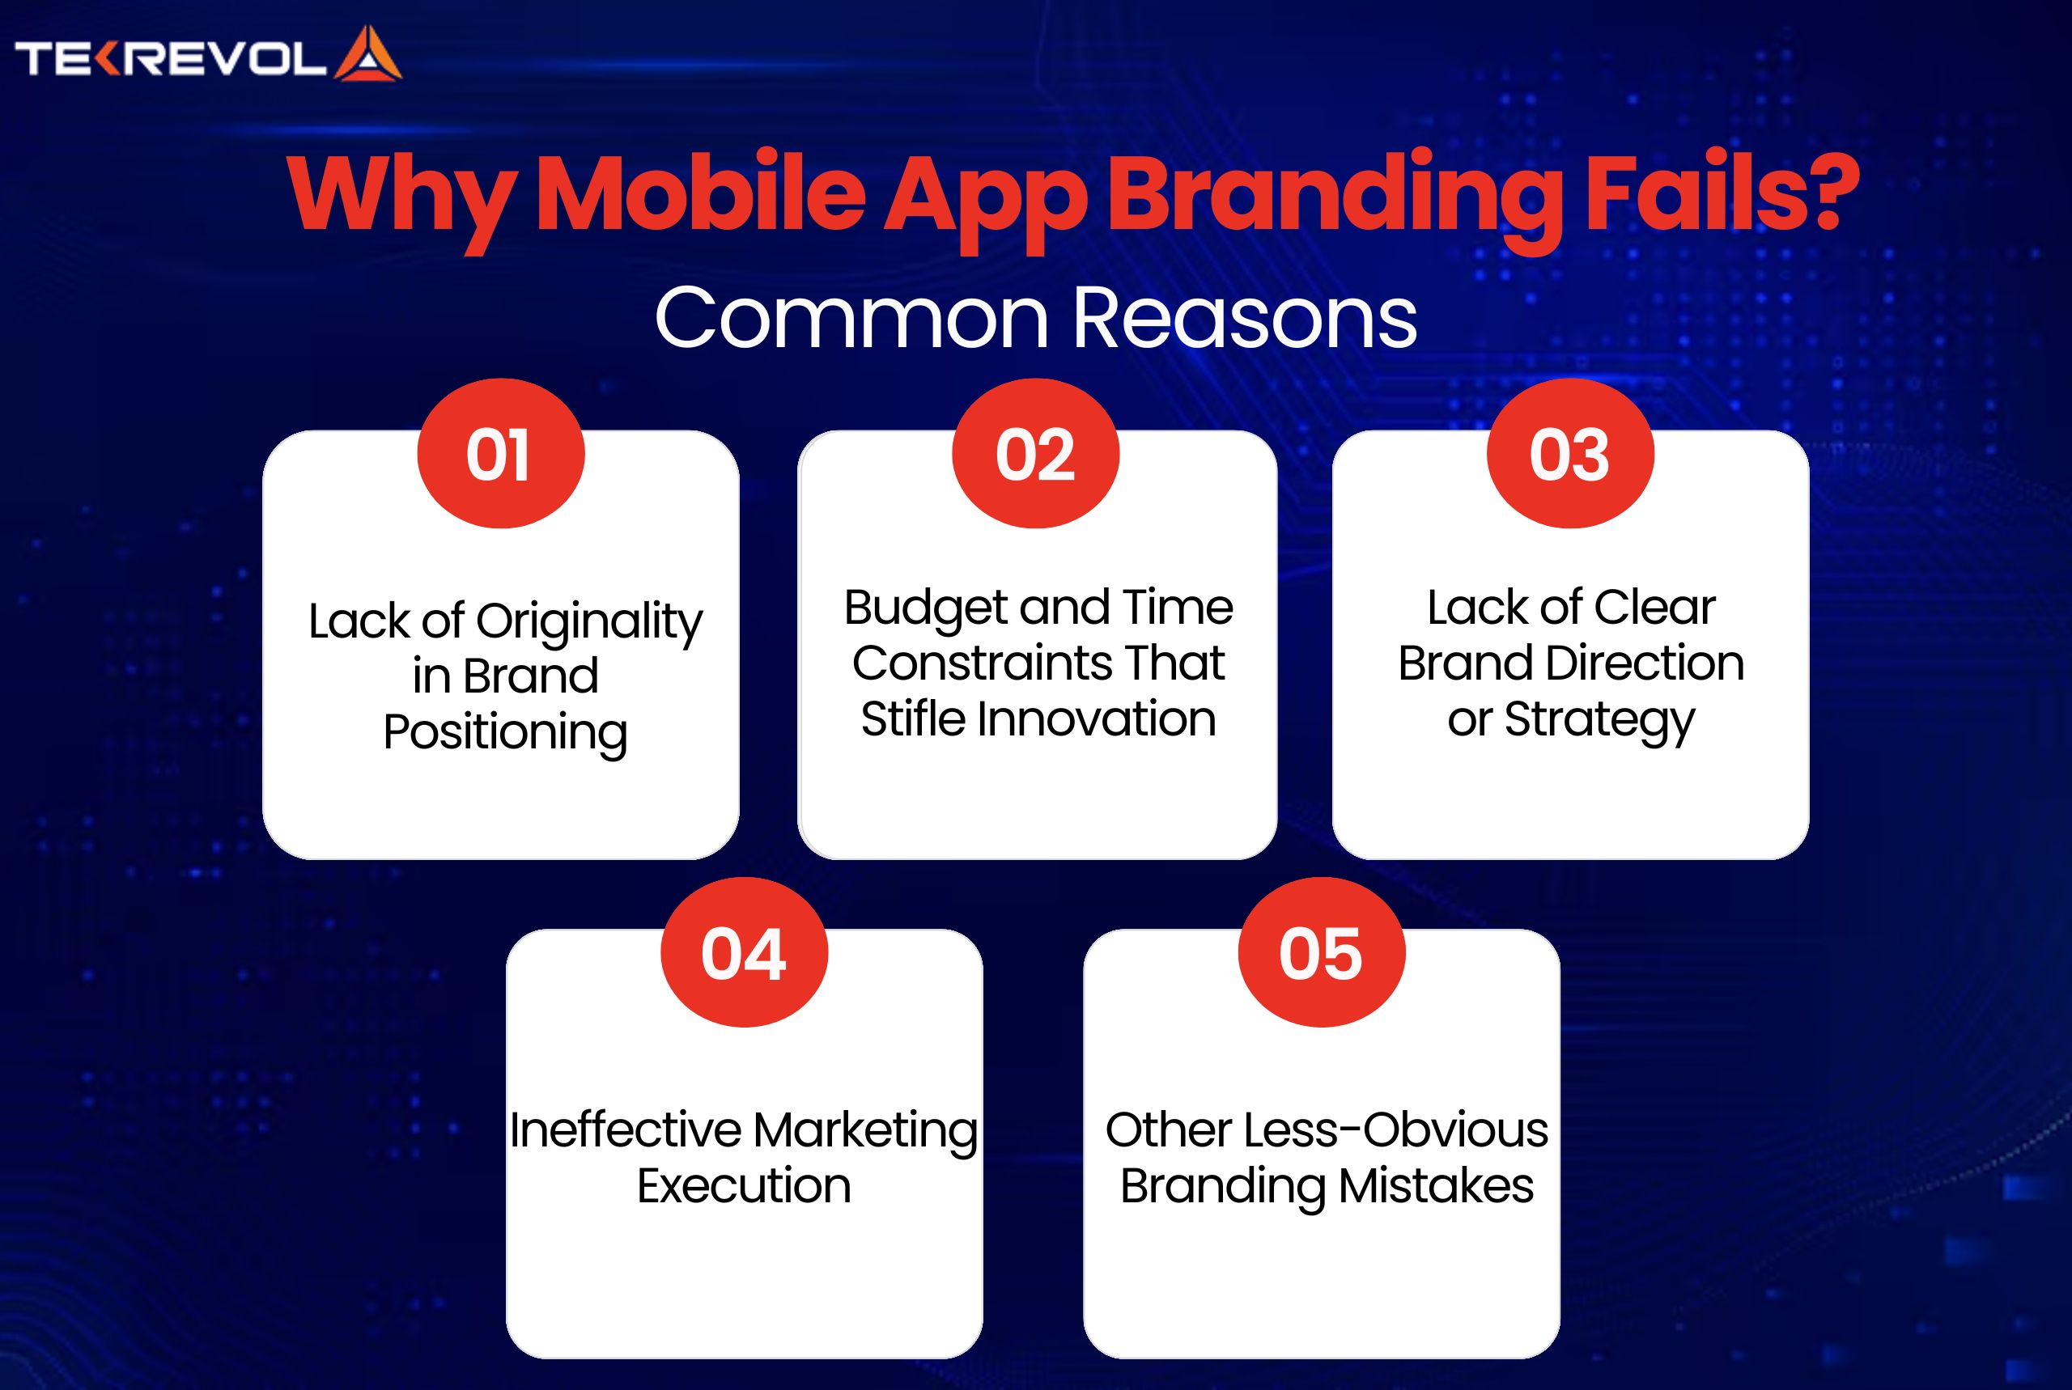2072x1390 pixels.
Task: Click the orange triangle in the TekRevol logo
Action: coord(368,55)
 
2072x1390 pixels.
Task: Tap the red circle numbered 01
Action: coord(501,453)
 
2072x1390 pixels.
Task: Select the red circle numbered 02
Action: coord(1035,453)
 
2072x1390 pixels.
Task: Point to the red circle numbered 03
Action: coord(1570,453)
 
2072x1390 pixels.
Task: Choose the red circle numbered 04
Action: coord(744,951)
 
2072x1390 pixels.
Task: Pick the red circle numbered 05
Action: coord(1321,951)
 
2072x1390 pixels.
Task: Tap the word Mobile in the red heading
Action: coord(700,193)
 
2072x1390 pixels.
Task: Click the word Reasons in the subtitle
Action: coord(1245,319)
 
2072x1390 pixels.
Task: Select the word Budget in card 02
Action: coord(926,610)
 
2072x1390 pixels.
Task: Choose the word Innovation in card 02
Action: coord(1096,719)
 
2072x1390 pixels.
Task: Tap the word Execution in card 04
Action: coord(744,1186)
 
